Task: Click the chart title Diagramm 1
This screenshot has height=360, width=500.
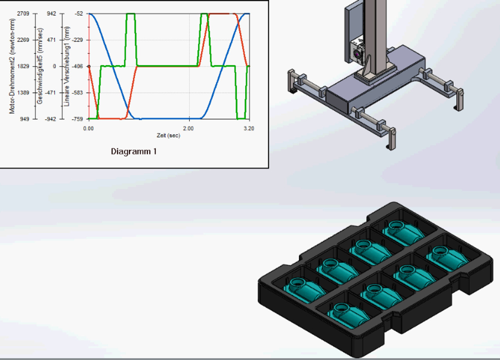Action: click(x=134, y=152)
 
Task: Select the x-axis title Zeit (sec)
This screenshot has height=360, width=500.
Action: click(x=168, y=135)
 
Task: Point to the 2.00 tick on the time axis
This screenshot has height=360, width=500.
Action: click(x=188, y=129)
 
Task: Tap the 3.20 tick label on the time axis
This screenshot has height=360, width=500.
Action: click(x=249, y=129)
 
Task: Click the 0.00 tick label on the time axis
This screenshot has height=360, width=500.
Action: click(x=88, y=129)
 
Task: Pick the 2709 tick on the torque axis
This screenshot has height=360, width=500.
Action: click(x=23, y=14)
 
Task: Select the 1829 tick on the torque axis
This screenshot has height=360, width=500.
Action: click(x=23, y=66)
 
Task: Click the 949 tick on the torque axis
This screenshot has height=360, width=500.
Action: click(x=25, y=119)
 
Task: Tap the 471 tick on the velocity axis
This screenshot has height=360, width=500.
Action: click(x=51, y=40)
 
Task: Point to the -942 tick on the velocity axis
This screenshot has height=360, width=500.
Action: click(x=50, y=119)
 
